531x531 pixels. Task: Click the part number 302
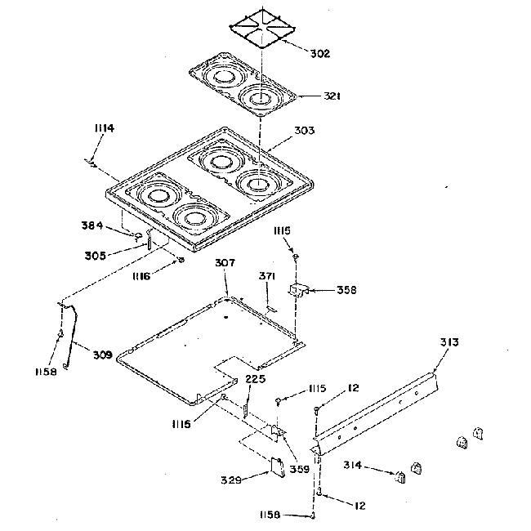pos(320,54)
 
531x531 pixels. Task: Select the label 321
pos(331,96)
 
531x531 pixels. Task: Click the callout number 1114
pos(104,128)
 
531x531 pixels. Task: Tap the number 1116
pos(142,278)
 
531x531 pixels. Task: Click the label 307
pos(225,263)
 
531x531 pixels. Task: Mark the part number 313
pos(448,342)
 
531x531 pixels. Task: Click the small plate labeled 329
pos(277,465)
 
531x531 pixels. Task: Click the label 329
pos(230,480)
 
